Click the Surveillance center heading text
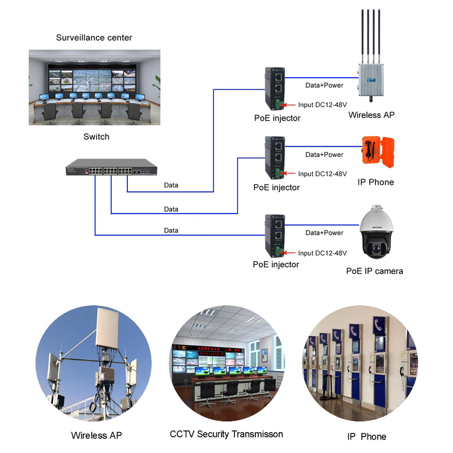click(x=94, y=38)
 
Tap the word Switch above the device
click(x=96, y=136)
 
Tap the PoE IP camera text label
click(x=374, y=271)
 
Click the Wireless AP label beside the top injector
click(x=371, y=115)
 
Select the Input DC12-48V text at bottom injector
click(x=322, y=253)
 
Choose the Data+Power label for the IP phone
click(x=324, y=155)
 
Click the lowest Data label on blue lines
click(x=171, y=230)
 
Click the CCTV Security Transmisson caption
click(x=226, y=434)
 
